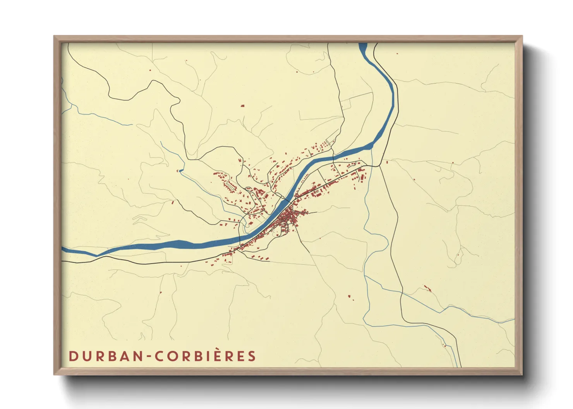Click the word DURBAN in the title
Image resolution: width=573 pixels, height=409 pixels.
(106, 356)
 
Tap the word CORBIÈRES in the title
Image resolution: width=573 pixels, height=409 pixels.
(206, 356)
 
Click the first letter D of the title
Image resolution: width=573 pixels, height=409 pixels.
(73, 356)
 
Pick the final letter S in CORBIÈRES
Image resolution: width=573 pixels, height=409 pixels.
(252, 356)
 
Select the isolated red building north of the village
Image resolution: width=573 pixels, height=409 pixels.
(243, 106)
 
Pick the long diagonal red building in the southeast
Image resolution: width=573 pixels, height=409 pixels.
(427, 288)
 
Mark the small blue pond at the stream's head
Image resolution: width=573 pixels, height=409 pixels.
(181, 170)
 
